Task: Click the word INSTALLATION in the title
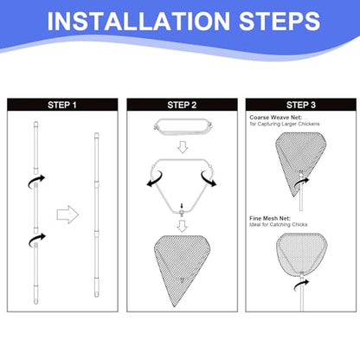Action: [138, 22]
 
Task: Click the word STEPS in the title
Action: [280, 22]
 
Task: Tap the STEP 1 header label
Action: [62, 105]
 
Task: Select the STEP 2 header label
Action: [182, 105]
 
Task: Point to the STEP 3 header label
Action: [301, 105]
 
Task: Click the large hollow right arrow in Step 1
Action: [67, 215]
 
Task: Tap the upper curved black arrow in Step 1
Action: [36, 181]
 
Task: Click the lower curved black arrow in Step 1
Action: [37, 240]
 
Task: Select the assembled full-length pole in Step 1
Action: [97, 215]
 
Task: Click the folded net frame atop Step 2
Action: [183, 127]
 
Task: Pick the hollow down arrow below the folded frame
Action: [183, 147]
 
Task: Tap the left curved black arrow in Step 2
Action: [156, 179]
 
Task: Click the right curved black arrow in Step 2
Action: [209, 179]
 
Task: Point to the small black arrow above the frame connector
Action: [182, 206]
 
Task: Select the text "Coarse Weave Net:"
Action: [276, 118]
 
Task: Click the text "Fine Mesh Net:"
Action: [270, 218]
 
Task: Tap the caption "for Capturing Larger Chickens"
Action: [285, 124]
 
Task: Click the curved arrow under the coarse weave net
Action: [300, 183]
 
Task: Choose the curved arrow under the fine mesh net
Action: [300, 285]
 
